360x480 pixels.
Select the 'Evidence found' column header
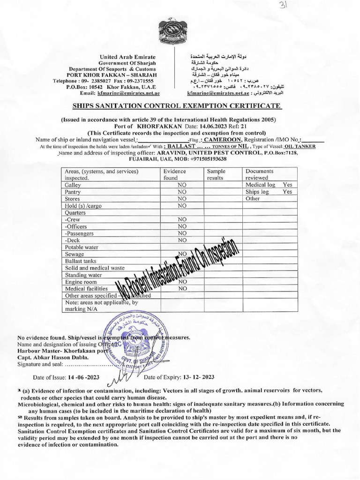174,175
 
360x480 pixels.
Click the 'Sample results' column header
216,175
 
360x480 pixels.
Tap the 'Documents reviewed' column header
259,175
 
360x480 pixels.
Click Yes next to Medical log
287,185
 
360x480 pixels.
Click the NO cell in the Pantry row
182,192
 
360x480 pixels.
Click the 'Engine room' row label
81,282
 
